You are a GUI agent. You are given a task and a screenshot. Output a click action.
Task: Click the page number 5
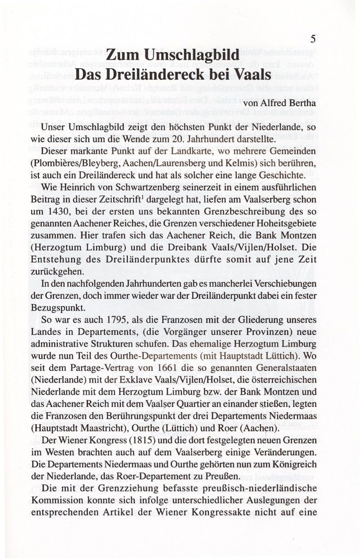click(x=312, y=40)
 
